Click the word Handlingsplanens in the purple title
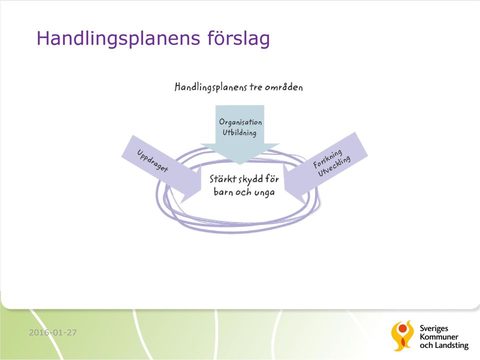point(118,38)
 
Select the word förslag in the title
point(239,38)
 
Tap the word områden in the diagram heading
point(284,87)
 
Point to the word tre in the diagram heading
point(255,87)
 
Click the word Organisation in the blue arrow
point(240,122)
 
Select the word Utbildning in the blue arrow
point(239,133)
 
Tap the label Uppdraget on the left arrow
point(152,160)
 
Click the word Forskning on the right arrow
point(327,159)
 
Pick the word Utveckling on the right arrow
point(334,166)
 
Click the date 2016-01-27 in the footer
point(53,332)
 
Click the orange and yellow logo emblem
point(402,335)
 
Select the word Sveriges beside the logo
point(434,329)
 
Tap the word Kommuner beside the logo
point(439,337)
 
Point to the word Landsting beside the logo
point(452,345)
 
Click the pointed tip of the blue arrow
point(240,164)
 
